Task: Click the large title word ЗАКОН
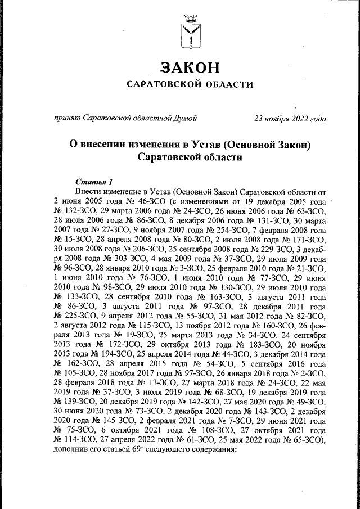pos(187,68)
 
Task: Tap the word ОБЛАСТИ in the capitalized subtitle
pos(223,85)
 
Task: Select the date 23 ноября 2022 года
pos(290,119)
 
